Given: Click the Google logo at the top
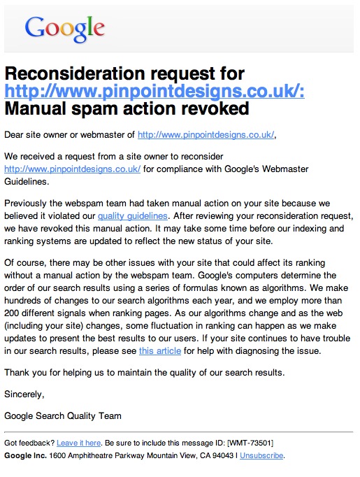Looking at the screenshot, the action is click(64, 28).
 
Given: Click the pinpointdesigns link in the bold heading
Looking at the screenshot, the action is click(154, 91).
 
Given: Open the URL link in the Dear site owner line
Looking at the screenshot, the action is click(206, 135).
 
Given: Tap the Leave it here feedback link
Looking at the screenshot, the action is click(79, 443).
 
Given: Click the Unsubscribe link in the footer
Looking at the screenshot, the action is click(261, 455).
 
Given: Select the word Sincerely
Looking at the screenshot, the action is click(24, 394).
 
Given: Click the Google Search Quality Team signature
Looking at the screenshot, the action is click(62, 415).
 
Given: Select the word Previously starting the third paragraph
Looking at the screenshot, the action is click(29, 204).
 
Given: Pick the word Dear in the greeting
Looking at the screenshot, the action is click(15, 135).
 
